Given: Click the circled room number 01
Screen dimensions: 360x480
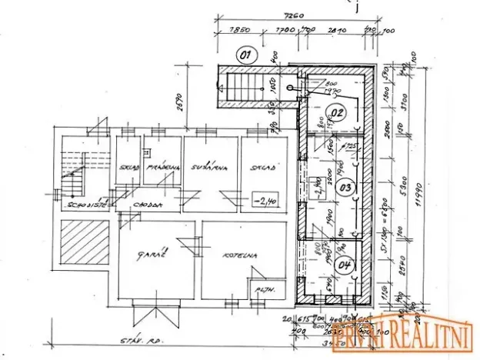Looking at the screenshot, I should tap(245, 55).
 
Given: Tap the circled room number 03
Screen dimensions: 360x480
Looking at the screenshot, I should tap(345, 187).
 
